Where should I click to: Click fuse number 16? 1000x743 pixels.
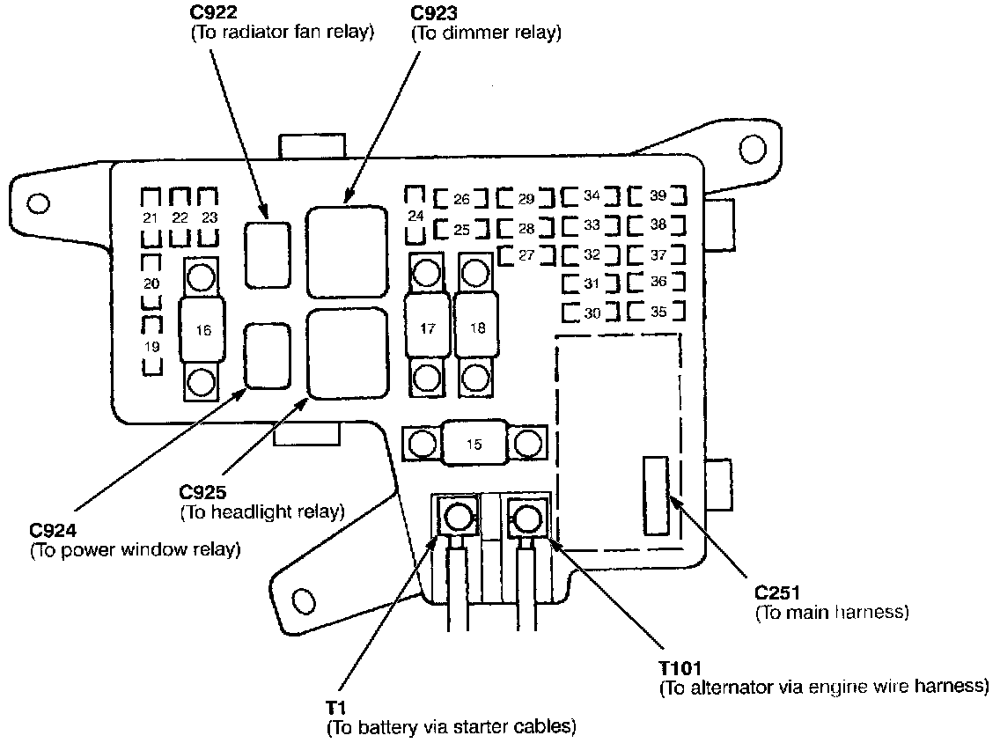(203, 331)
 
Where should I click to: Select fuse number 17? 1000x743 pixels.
(427, 328)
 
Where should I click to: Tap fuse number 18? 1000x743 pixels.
(476, 328)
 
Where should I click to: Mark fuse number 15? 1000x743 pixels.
(474, 445)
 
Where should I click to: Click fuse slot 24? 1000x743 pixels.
(416, 216)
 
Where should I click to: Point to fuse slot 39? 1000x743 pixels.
(658, 195)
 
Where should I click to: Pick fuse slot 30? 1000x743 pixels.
(592, 313)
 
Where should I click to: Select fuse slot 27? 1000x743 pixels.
(526, 255)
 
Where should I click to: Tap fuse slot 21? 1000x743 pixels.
(151, 217)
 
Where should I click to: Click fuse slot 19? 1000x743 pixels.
(151, 347)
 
